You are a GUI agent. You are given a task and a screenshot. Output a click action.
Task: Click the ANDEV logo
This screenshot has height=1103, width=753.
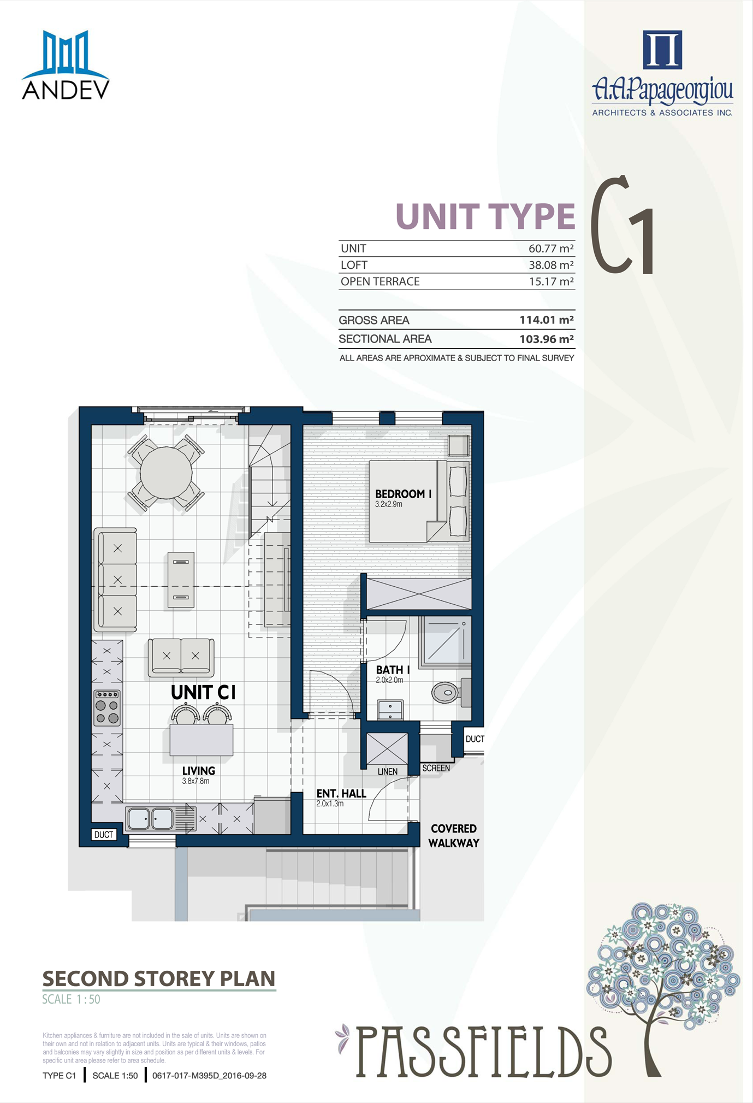66,65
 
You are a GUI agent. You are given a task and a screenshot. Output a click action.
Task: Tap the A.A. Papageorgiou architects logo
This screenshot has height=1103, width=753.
662,73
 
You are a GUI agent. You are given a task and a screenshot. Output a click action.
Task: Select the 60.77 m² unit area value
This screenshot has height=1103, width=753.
551,249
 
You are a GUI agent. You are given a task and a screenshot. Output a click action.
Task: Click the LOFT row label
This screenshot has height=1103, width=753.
354,265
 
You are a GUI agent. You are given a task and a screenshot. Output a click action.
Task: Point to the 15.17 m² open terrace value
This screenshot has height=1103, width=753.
551,282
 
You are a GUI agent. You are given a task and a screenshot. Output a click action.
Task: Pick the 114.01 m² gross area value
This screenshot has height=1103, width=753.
547,320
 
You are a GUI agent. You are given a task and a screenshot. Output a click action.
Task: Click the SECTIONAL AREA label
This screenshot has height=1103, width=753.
385,339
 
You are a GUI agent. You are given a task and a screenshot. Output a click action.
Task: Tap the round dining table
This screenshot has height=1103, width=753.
166,473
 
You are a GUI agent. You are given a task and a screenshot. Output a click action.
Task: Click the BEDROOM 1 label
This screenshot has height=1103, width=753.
404,494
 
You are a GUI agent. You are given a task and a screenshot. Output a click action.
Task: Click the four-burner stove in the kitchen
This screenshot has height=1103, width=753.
107,707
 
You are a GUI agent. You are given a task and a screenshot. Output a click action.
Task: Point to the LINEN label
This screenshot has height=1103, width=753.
388,771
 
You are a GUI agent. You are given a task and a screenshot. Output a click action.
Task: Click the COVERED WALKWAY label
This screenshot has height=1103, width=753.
454,836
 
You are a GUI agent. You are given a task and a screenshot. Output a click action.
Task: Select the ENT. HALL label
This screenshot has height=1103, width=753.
341,794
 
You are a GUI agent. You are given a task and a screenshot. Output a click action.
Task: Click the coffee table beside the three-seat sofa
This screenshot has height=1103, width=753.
181,580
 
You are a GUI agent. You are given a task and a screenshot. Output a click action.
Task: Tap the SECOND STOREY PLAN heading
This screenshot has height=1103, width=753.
159,979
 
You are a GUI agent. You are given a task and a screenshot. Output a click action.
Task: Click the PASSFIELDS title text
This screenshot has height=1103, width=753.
484,1051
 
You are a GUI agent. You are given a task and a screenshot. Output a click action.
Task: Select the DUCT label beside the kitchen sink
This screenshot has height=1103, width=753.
104,835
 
